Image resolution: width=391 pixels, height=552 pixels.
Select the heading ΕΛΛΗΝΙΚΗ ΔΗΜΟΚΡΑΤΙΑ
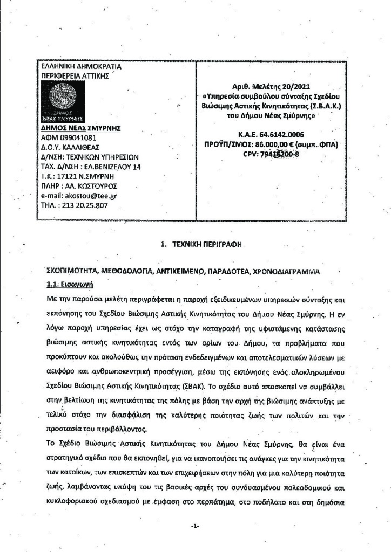[81, 67]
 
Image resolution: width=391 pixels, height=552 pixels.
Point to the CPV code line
[279, 155]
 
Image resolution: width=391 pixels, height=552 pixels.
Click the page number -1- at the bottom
[194, 526]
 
